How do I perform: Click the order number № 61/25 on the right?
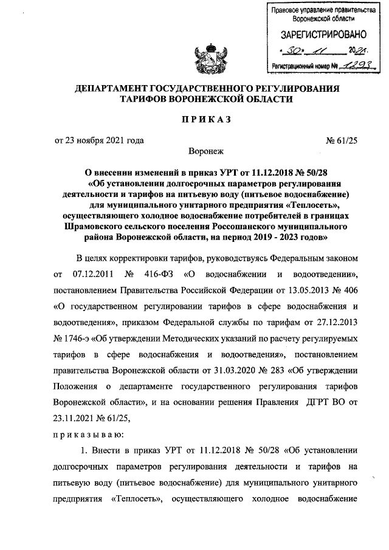[342, 141]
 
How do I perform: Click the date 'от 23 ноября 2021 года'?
[99, 141]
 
